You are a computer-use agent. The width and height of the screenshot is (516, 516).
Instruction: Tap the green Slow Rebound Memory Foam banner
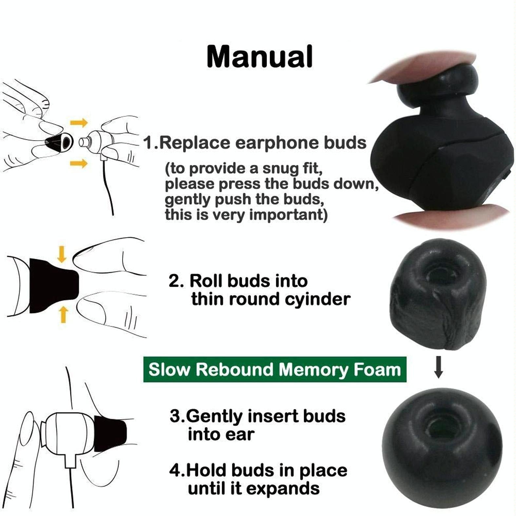pyautogui.click(x=275, y=370)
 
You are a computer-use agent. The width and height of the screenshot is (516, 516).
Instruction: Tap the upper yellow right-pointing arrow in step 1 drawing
pyautogui.click(x=79, y=123)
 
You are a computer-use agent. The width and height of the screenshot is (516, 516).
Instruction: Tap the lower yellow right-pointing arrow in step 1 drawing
pyautogui.click(x=79, y=163)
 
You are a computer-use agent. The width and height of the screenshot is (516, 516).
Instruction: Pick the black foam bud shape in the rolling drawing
pyautogui.click(x=52, y=285)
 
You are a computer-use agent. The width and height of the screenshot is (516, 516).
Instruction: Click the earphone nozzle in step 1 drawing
pyautogui.click(x=84, y=142)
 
